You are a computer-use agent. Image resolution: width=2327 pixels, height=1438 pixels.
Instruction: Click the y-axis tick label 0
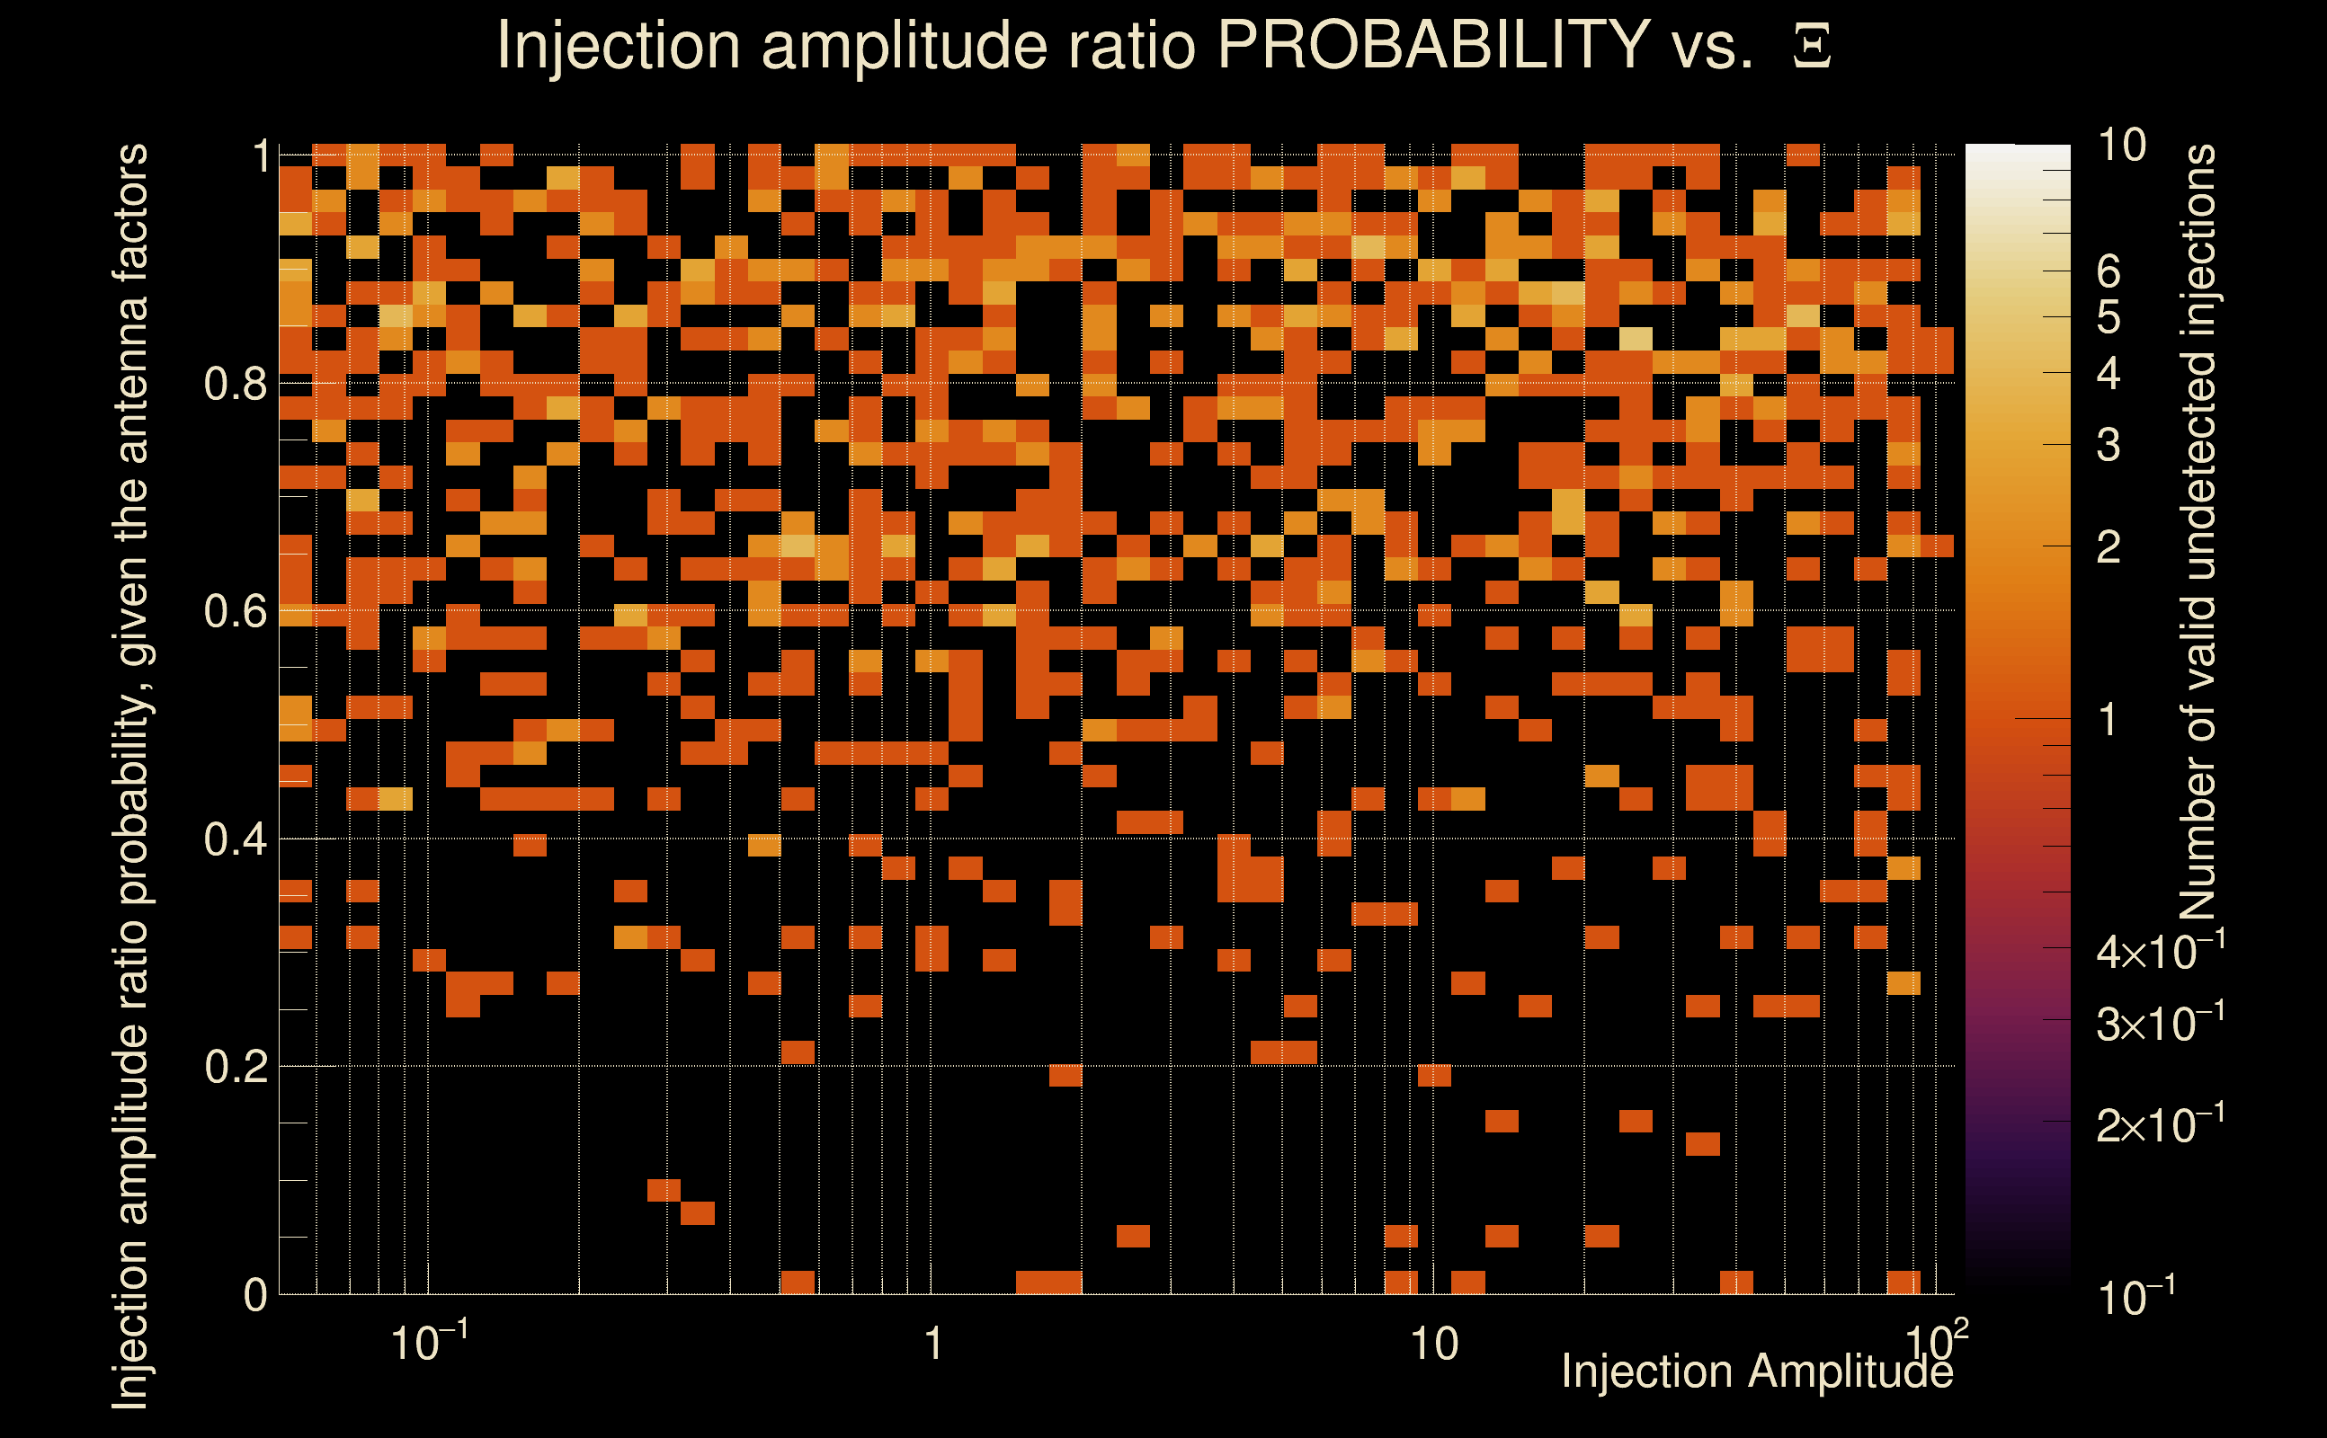click(255, 1295)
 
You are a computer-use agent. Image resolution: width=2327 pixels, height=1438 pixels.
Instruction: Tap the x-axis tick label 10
click(1433, 1345)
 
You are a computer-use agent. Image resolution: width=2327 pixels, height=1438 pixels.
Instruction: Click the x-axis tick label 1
click(933, 1345)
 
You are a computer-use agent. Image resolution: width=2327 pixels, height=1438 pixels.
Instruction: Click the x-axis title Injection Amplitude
click(1756, 1371)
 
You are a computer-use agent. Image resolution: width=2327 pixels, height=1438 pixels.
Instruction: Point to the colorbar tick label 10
click(2121, 146)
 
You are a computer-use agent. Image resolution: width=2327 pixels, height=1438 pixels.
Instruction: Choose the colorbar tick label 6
click(2109, 273)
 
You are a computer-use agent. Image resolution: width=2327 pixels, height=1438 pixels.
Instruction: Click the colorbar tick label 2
click(2109, 548)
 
